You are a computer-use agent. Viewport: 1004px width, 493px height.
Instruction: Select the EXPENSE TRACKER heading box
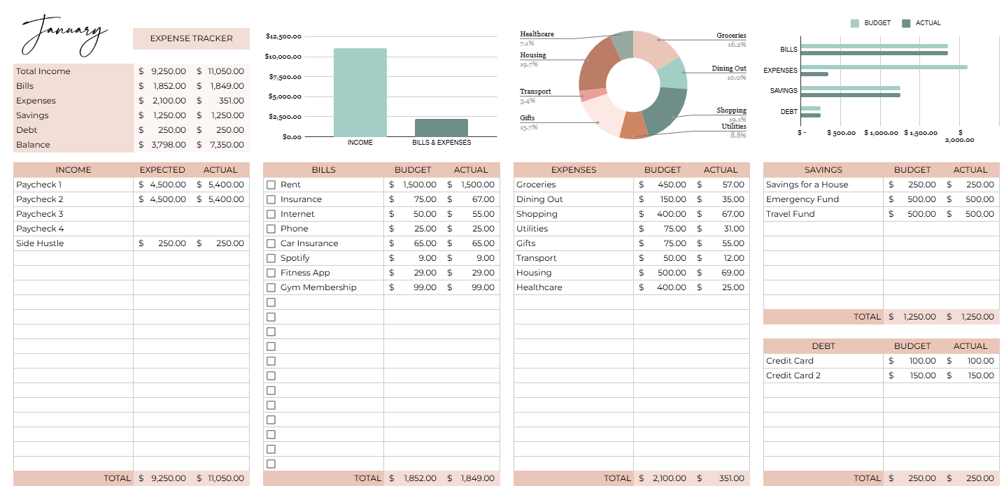pos(191,38)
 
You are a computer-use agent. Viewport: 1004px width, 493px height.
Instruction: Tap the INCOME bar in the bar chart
pos(360,92)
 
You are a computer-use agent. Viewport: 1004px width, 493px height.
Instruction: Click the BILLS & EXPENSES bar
pos(441,128)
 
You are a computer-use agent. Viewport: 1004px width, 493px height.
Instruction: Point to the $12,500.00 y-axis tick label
pos(283,36)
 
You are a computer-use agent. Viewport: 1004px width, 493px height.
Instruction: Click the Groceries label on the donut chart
pos(731,36)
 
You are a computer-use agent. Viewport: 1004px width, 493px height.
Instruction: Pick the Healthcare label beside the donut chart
pos(537,34)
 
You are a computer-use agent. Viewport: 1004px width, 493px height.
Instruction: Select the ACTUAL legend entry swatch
pos(906,23)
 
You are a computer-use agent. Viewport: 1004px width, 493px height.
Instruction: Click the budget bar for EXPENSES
pos(884,67)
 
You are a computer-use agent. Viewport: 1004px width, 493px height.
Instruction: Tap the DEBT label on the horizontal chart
pos(789,111)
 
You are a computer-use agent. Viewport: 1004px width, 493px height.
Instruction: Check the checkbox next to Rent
pos(271,185)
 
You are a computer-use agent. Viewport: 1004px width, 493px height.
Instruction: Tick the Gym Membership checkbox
pos(271,287)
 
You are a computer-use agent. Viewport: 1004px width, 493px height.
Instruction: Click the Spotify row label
pos(295,258)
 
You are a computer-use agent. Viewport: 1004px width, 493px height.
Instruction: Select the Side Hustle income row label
pos(40,243)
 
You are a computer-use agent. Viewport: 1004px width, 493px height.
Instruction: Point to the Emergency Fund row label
pos(802,199)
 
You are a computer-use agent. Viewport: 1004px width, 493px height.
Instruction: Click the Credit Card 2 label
pos(793,376)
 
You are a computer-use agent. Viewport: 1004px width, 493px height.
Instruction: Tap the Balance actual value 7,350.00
pos(226,145)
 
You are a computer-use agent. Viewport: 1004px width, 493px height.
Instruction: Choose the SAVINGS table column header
pos(823,170)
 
